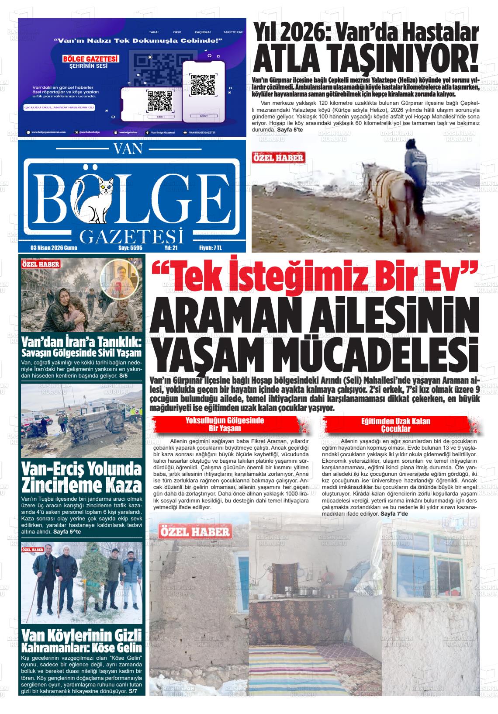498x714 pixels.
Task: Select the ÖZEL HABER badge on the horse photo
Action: [278, 158]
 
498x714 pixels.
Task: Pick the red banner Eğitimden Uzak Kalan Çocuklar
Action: [396, 424]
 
